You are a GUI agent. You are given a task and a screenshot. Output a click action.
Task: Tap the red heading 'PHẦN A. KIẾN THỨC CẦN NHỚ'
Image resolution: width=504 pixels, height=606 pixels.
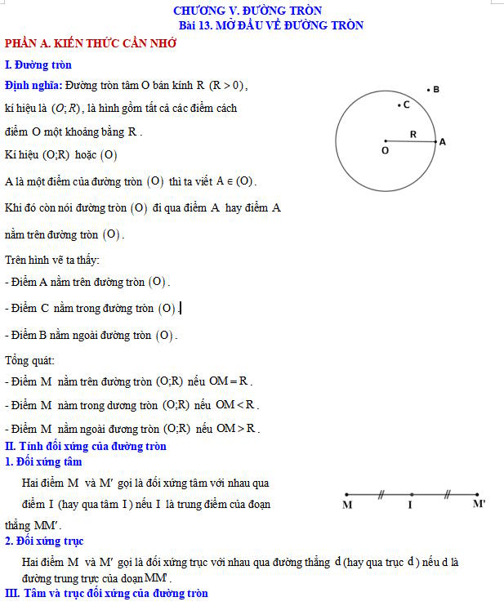click(90, 44)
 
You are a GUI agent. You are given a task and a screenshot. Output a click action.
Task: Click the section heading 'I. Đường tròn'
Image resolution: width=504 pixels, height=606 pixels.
click(38, 65)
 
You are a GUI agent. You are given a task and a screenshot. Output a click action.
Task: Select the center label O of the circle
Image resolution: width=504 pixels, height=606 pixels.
click(385, 151)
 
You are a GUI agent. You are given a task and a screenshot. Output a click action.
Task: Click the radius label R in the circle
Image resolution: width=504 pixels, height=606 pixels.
click(413, 134)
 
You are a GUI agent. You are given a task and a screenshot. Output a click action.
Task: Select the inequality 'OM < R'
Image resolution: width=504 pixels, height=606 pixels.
click(237, 405)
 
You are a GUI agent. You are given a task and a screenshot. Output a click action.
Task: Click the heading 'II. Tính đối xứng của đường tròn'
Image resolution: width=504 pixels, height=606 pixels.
click(86, 446)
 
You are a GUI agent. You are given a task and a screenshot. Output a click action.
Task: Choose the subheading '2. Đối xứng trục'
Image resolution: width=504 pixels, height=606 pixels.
click(43, 541)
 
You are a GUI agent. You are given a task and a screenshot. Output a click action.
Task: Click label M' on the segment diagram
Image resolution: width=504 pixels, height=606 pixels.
click(479, 506)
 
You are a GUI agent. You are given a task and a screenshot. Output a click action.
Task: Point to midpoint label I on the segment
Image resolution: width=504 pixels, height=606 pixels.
click(410, 506)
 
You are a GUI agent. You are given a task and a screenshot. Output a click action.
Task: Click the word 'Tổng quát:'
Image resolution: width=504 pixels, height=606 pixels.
click(29, 360)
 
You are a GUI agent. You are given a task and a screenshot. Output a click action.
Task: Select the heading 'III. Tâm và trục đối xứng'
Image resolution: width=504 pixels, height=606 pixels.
click(106, 593)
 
